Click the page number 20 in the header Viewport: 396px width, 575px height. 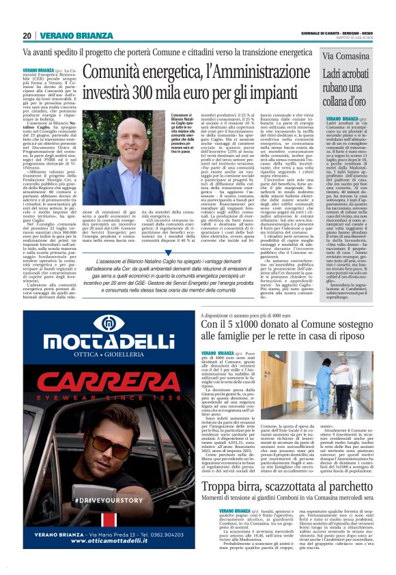tap(27, 36)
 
